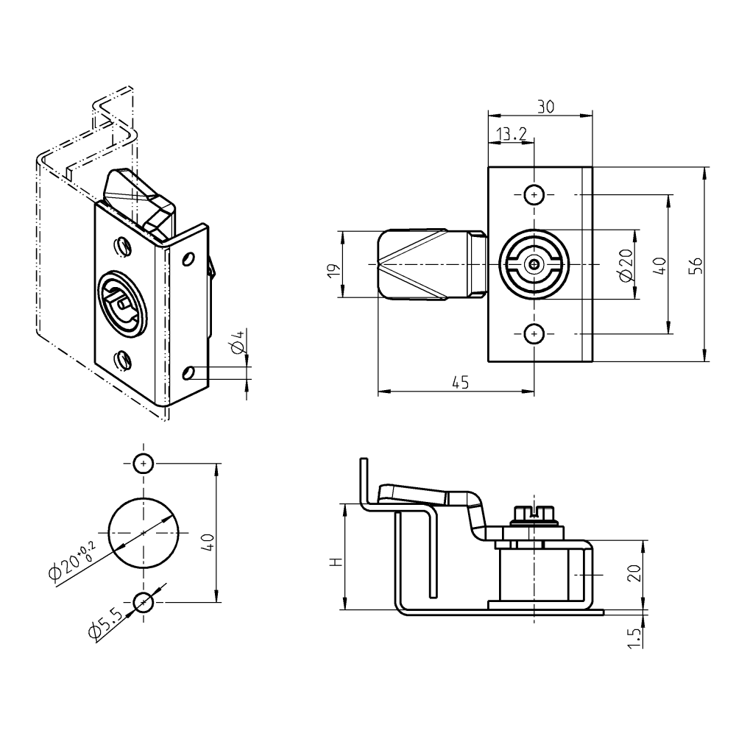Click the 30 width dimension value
coord(545,107)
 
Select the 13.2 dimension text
coord(512,133)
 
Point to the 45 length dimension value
coord(460,382)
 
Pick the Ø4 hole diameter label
coord(237,343)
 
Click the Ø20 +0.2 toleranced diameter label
coord(71,562)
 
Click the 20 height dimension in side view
coord(634,573)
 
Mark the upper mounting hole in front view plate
coord(534,194)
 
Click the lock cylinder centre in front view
coord(534,264)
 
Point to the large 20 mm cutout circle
coord(144,532)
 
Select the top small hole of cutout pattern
coord(144,464)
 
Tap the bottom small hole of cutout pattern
coord(144,603)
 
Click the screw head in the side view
coord(534,512)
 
